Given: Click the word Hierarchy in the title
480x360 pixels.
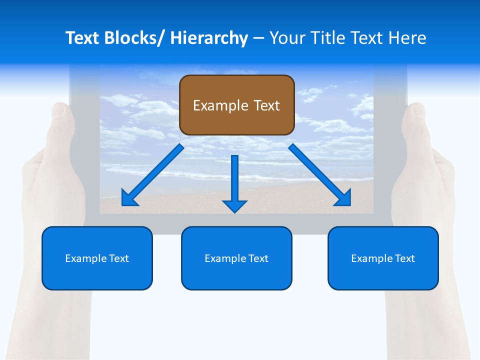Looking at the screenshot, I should click(209, 38).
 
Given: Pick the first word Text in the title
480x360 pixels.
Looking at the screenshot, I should click(83, 38).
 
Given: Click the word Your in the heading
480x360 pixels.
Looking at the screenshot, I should click(287, 38).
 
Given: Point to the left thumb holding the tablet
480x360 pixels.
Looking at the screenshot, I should click(61, 120).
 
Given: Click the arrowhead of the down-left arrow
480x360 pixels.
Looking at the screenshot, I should click(129, 199).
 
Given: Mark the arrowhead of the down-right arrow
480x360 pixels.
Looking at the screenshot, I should click(343, 198).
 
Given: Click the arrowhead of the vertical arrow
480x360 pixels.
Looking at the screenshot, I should click(234, 205).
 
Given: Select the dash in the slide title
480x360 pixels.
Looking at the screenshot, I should click(258, 38).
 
